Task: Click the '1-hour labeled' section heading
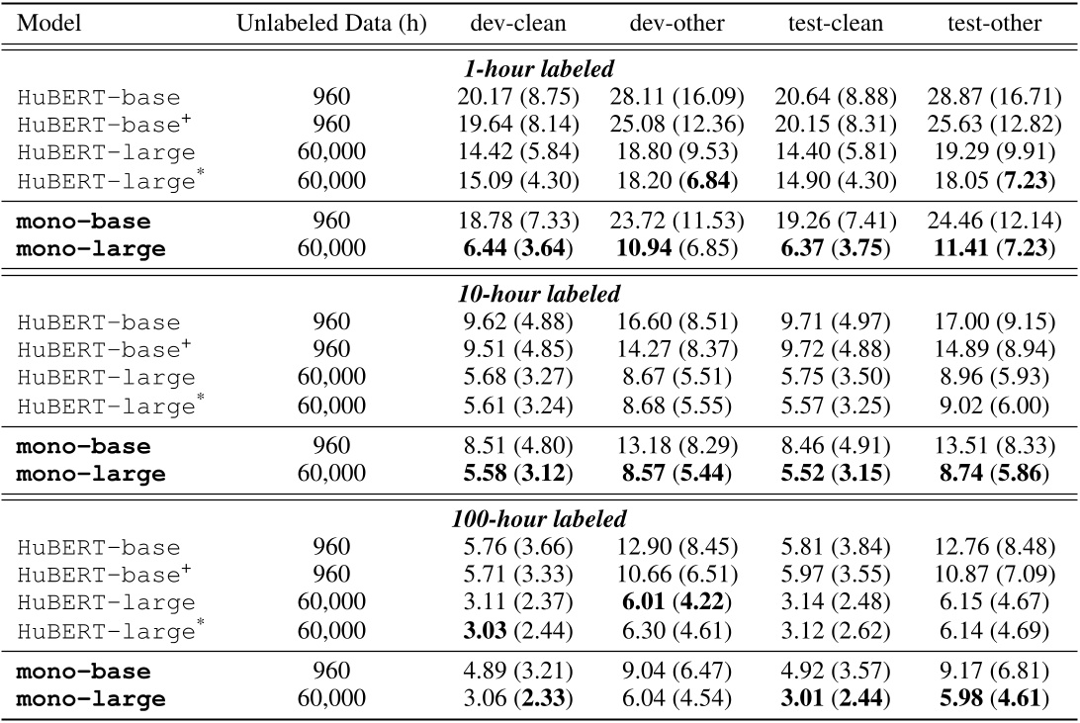pos(539,71)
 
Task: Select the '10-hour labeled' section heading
pos(539,296)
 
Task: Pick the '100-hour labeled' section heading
pos(539,519)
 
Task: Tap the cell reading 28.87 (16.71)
pos(992,97)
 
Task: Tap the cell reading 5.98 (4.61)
pos(992,698)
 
